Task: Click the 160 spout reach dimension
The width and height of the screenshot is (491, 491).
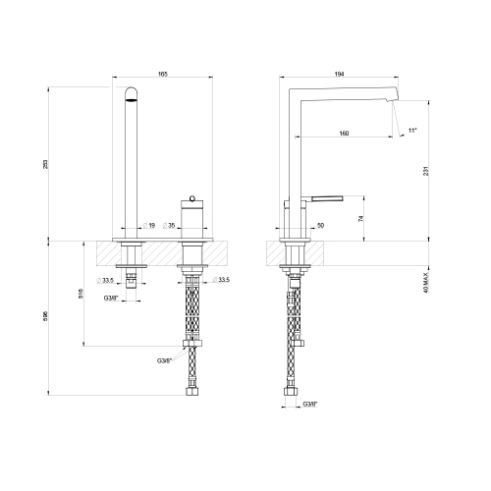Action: click(343, 134)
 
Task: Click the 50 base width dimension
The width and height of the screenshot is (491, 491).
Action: click(321, 225)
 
